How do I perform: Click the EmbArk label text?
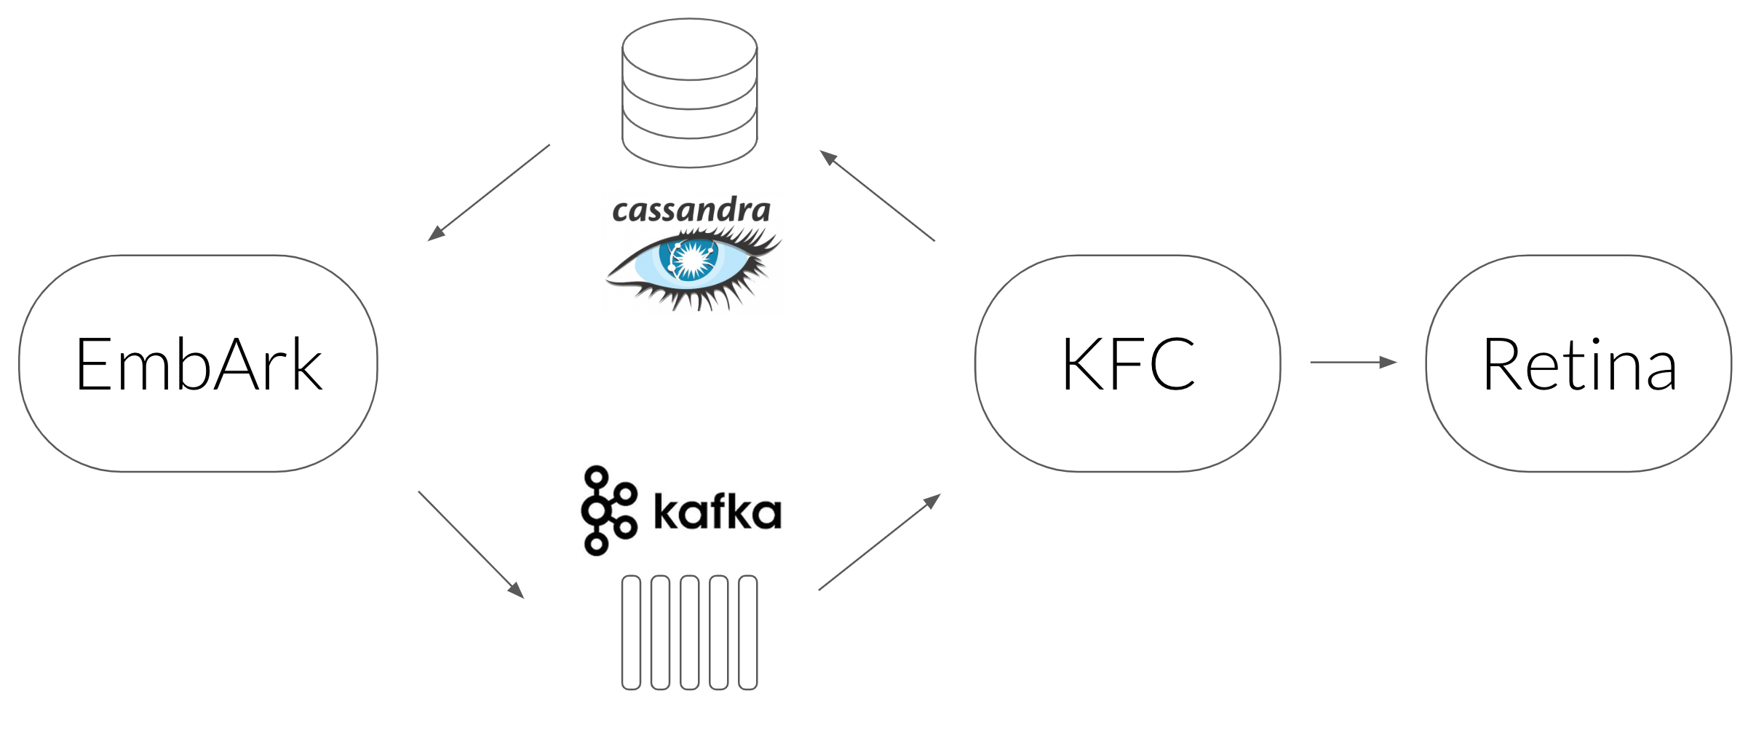click(199, 364)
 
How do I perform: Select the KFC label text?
click(1128, 364)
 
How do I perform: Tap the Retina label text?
click(1579, 364)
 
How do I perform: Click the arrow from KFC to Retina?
click(1354, 362)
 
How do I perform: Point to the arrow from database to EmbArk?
click(489, 192)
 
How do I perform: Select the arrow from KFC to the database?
click(877, 195)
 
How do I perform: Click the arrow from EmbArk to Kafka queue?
click(471, 545)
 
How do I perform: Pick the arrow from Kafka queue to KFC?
click(880, 542)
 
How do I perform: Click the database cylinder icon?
click(689, 93)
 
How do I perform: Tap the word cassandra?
click(691, 210)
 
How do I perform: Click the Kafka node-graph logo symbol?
click(608, 510)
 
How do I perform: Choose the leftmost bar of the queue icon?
click(631, 632)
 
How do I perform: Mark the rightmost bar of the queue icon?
click(747, 632)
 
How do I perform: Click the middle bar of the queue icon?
click(689, 632)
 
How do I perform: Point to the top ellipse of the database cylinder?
click(689, 79)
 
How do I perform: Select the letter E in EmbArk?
click(94, 364)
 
